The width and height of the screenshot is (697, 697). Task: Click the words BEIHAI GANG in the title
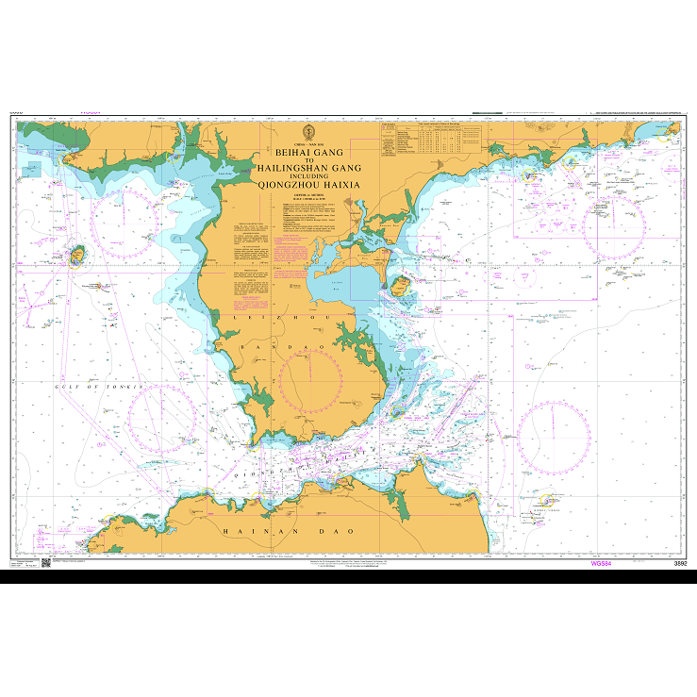tap(308, 151)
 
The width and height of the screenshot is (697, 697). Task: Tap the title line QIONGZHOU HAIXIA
tap(308, 186)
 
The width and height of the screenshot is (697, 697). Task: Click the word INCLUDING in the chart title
tap(308, 176)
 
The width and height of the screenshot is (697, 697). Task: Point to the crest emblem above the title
tap(308, 131)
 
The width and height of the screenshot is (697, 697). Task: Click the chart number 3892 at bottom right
tap(680, 562)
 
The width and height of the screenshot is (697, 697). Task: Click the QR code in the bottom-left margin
tap(45, 563)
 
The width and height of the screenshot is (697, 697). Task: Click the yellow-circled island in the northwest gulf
tap(78, 256)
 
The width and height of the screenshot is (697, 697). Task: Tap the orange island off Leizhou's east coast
tap(400, 284)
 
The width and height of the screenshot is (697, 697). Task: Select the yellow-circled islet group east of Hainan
tap(544, 500)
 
